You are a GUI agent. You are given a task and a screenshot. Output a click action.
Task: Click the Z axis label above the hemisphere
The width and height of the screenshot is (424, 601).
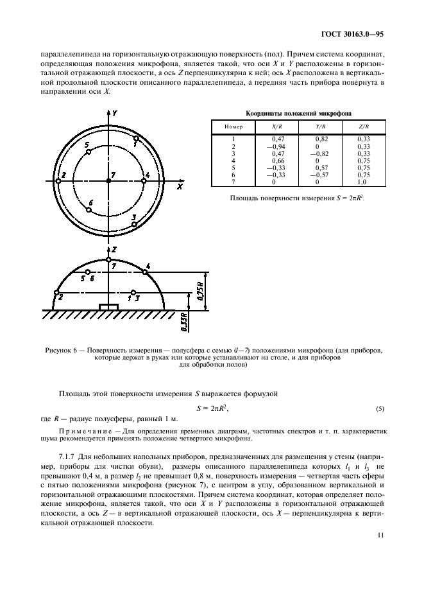(x=114, y=248)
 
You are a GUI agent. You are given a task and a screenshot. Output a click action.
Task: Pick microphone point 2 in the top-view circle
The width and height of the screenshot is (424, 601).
(x=58, y=182)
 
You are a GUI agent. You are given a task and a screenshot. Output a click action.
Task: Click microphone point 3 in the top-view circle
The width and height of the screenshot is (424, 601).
(x=133, y=224)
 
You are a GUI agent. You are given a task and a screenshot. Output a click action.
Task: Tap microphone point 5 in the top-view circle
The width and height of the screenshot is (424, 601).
(x=89, y=152)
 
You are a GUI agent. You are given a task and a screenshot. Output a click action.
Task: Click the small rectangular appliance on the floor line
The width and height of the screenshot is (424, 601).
(x=109, y=307)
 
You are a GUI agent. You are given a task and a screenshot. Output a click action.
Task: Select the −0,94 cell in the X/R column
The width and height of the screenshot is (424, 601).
(x=277, y=146)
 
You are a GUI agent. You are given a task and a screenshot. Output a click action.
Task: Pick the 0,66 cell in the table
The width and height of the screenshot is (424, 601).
(x=278, y=161)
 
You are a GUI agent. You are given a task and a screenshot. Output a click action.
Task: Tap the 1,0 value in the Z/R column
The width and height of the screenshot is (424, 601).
(x=363, y=182)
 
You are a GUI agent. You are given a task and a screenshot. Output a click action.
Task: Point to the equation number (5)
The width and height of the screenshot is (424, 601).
(x=379, y=408)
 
